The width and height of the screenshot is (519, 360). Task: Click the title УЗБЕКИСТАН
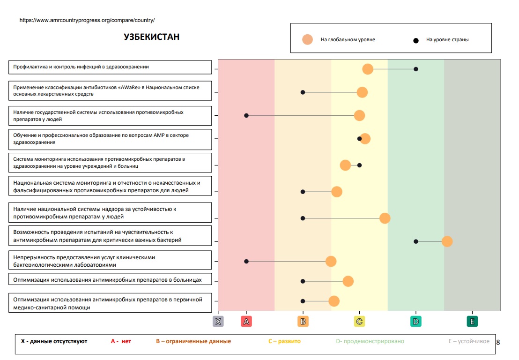[x=151, y=37]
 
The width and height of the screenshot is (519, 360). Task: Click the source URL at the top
[x=87, y=21]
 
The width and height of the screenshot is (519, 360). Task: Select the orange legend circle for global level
[x=307, y=40]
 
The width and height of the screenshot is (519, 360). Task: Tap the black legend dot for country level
[x=415, y=40]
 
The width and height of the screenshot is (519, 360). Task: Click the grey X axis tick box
[x=218, y=322]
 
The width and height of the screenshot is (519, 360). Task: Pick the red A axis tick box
[x=246, y=322]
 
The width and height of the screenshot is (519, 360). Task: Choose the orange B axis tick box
[x=303, y=322]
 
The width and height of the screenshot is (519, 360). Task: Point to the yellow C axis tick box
[x=359, y=322]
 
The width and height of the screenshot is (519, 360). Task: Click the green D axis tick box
[x=416, y=322]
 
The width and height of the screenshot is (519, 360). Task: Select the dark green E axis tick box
[x=472, y=322]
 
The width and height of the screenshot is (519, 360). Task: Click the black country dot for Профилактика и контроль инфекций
[x=416, y=69]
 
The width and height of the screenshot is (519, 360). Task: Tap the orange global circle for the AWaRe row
[x=362, y=92]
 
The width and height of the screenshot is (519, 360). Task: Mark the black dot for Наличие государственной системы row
[x=246, y=115]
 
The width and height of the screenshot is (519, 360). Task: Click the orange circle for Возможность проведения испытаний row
[x=447, y=241]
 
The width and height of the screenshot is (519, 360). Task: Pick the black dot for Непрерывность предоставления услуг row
[x=246, y=261]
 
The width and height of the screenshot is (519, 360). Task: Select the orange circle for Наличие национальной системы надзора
[x=385, y=218]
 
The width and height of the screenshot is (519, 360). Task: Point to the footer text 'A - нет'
[x=121, y=341]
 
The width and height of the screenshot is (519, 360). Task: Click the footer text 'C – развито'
[x=284, y=341]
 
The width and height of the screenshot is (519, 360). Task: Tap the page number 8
[x=498, y=342]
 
